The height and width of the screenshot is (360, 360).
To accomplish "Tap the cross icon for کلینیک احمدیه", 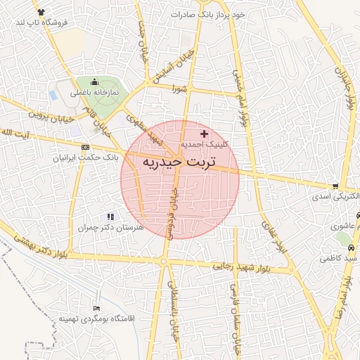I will pyautogui.click(x=205, y=134).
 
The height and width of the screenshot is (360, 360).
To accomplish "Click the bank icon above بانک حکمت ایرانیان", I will pyautogui.click(x=86, y=147).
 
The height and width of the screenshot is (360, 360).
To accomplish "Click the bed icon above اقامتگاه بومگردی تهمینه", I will pyautogui.click(x=97, y=308).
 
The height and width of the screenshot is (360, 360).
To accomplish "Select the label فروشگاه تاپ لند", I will pyautogui.click(x=41, y=22).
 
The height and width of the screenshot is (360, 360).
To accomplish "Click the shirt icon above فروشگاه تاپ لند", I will pyautogui.click(x=41, y=12).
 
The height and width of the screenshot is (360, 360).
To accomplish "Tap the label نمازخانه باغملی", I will pyautogui.click(x=94, y=92).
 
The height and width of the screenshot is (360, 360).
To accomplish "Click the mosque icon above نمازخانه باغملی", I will pyautogui.click(x=95, y=82).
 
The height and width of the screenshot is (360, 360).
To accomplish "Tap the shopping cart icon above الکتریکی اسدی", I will pyautogui.click(x=335, y=186).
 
